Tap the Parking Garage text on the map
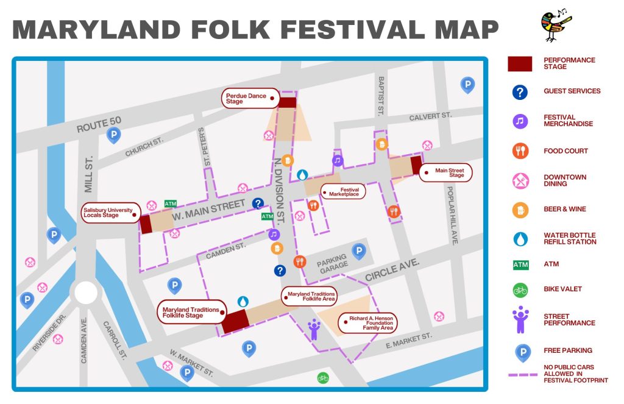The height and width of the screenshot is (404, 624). [332, 261]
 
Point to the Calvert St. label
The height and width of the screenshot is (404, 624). [430, 116]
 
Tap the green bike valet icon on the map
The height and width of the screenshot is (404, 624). [323, 378]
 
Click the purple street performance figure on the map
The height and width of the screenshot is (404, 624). [314, 329]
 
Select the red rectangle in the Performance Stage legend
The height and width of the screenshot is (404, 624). [520, 63]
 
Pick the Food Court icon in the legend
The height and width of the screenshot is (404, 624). [520, 151]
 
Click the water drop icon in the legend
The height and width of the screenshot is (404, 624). [520, 239]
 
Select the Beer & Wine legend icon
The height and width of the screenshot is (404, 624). [520, 210]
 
